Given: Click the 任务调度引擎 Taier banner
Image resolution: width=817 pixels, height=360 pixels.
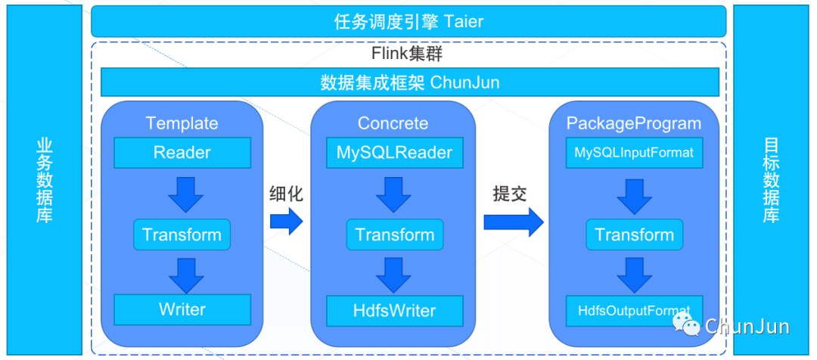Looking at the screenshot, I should click(408, 21).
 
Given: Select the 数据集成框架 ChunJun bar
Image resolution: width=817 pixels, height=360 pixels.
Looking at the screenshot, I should click(409, 82).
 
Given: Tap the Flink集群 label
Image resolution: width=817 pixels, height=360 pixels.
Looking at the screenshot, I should click(407, 54).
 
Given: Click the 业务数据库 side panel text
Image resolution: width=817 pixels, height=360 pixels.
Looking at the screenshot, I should click(44, 180).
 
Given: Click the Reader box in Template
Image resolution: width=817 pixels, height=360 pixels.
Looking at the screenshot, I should click(182, 153).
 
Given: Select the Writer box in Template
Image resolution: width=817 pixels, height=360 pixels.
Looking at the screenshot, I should click(182, 309).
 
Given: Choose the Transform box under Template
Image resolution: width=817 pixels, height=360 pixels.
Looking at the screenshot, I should click(182, 234).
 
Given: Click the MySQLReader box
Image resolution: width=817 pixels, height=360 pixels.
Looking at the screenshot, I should click(394, 153).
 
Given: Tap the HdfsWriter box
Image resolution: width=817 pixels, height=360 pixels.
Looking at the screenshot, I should click(394, 310).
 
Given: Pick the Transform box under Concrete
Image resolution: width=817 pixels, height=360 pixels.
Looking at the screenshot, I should click(394, 234).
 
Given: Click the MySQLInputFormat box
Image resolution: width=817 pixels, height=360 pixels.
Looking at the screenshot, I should click(634, 153).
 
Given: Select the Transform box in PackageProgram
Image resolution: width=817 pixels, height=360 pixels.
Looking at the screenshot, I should click(634, 234).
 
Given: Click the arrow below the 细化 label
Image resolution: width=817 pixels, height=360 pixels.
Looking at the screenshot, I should click(286, 221).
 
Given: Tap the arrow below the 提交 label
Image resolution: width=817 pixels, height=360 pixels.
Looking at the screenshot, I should click(513, 221).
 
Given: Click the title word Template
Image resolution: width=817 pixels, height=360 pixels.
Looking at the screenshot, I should click(182, 123).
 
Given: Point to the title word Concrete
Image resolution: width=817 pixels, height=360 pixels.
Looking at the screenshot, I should click(393, 123).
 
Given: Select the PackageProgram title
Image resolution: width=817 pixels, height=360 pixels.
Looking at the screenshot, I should click(634, 123).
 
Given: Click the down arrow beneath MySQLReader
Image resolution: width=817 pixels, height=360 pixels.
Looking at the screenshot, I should click(394, 194).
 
